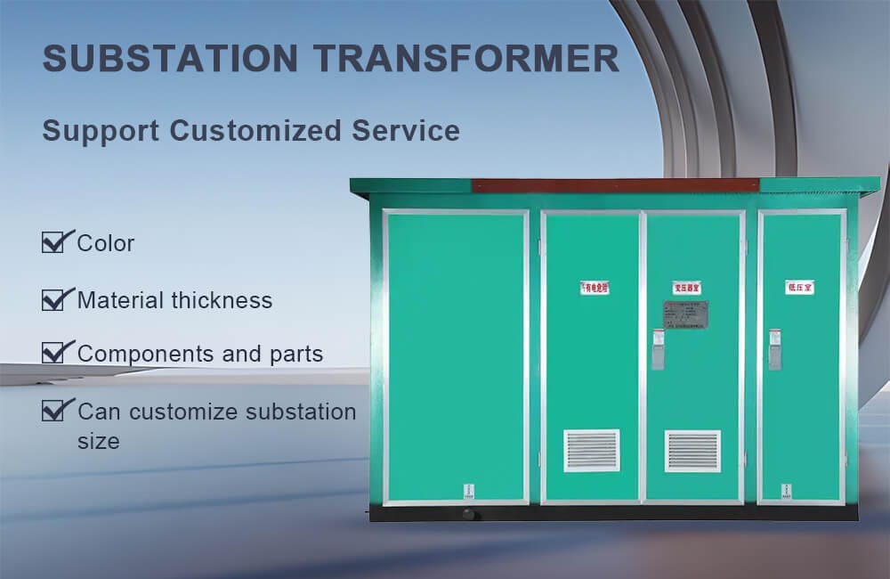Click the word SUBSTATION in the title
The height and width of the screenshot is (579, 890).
pos(170,59)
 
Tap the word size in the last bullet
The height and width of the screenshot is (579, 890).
pos(98,441)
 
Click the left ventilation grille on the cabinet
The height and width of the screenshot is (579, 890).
pos(591,451)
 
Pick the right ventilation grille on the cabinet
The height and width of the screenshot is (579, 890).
pos(692,451)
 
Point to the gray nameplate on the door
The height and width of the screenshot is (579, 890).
pos(685,314)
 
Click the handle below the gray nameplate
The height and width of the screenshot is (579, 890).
pos(658,350)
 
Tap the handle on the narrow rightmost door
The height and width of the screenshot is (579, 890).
pos(774,350)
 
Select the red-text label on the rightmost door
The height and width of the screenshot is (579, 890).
pos(799,287)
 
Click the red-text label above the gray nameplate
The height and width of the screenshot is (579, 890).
pos(686,288)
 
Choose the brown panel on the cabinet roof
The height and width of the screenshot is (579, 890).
pos(614,185)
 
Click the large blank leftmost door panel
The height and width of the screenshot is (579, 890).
pos(456,356)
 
